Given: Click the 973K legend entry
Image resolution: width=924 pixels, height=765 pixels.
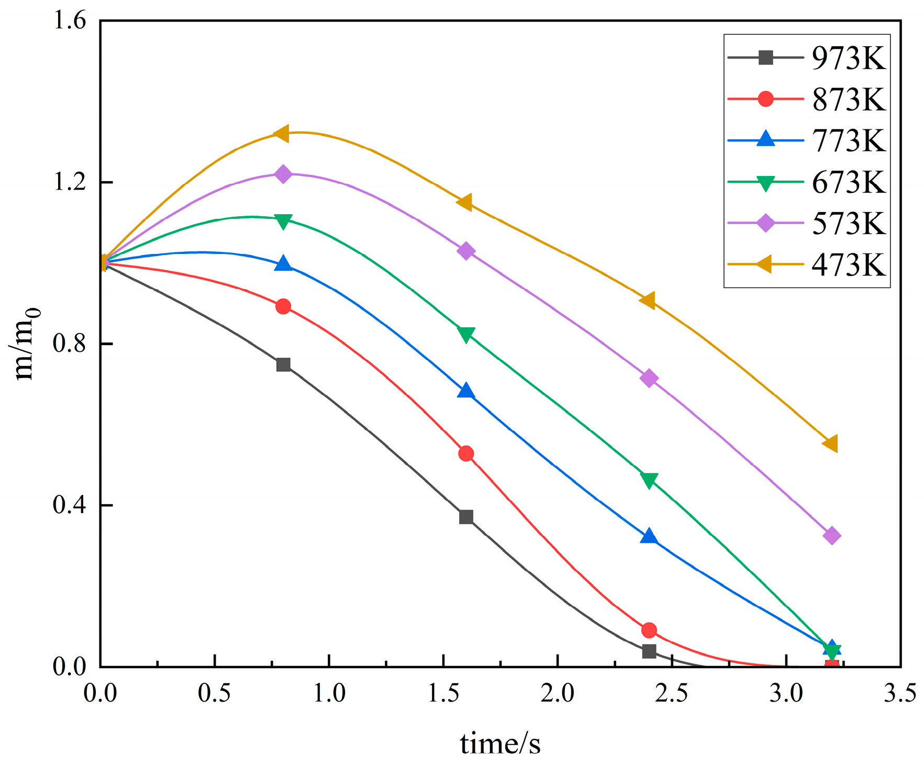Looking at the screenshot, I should (848, 58).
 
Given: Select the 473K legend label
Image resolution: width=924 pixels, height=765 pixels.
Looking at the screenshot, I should (848, 264).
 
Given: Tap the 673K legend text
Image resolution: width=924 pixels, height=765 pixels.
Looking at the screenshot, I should (848, 182).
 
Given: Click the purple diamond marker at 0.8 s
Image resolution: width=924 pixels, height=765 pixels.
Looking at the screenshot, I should (283, 174).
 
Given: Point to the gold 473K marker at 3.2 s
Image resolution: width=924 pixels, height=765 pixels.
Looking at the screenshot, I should (831, 444).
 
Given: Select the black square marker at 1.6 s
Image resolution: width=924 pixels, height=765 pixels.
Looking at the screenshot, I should (466, 517).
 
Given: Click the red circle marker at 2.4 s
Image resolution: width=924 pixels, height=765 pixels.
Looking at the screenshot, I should (649, 630).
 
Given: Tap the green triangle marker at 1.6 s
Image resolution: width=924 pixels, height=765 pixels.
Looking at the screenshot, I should (466, 334).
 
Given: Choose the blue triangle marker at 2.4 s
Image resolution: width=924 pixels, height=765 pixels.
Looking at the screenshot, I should (649, 536).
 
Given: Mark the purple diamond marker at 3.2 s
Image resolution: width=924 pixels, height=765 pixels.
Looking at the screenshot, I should (831, 536).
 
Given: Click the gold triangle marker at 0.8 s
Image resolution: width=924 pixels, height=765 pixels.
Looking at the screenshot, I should (282, 134).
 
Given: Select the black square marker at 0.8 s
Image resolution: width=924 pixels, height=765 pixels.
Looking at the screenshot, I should (283, 364).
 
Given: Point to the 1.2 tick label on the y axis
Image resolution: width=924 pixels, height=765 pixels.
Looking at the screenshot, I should (69, 182).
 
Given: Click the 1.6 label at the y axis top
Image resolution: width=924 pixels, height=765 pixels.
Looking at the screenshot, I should (69, 21).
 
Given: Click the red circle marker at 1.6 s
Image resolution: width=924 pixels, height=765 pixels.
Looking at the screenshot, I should (466, 453).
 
